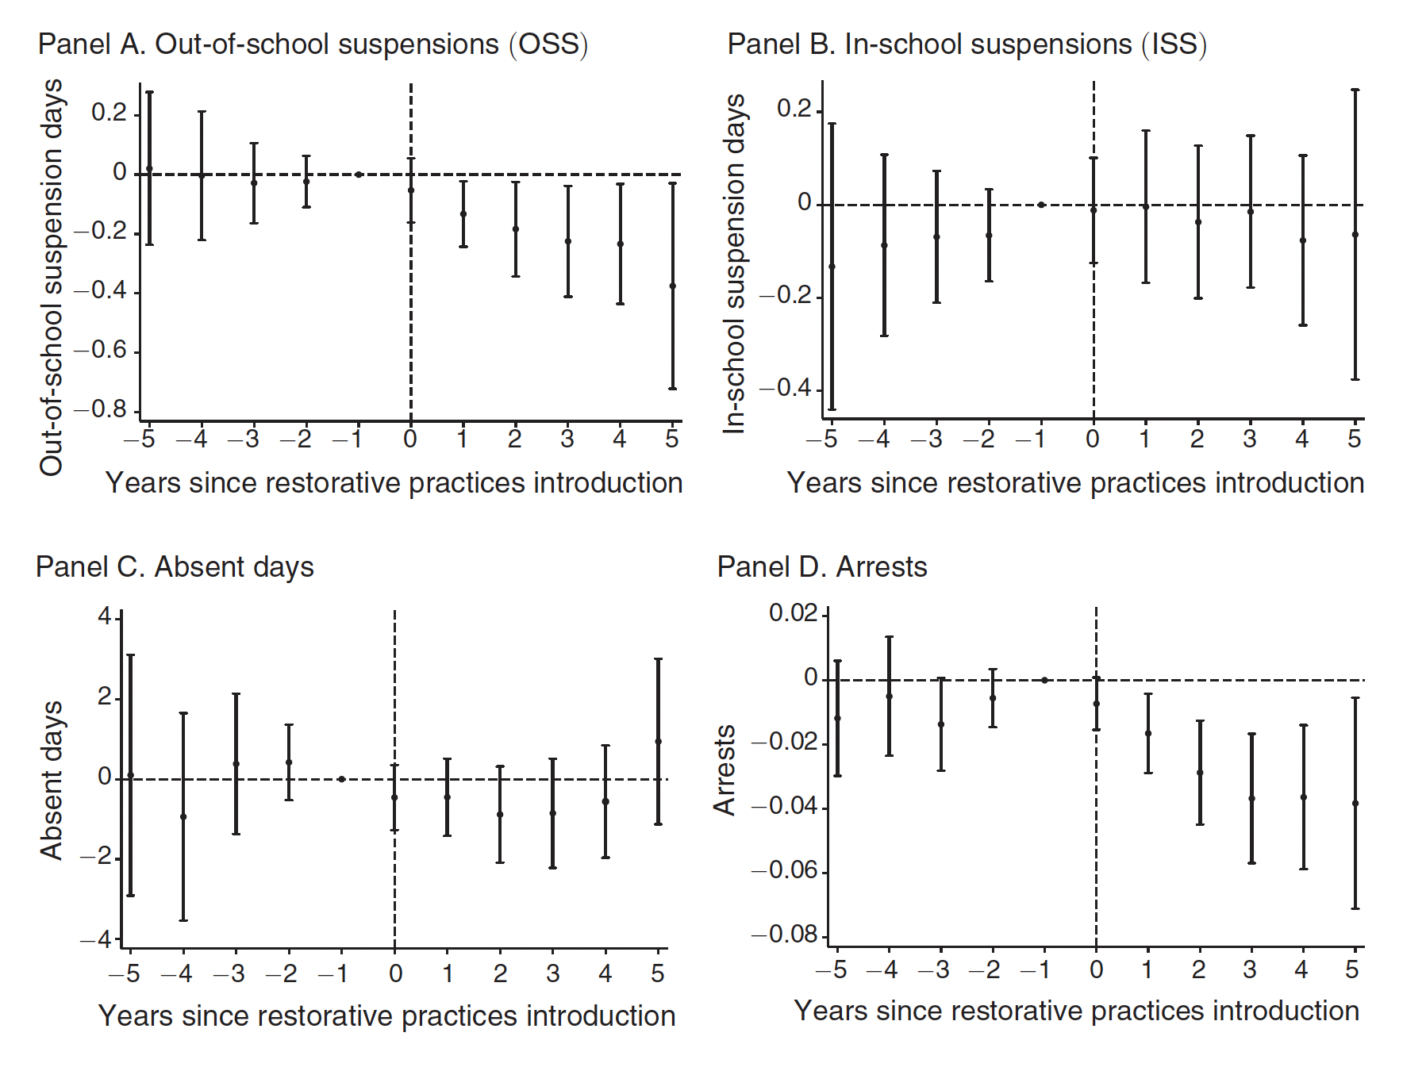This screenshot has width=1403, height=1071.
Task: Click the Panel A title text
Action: click(x=313, y=44)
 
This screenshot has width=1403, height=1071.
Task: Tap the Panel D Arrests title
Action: click(x=821, y=567)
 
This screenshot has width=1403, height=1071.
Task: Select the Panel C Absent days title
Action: click(x=175, y=567)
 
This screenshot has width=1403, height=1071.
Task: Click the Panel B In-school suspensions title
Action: click(x=967, y=44)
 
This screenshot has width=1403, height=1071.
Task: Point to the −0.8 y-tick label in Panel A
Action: click(x=101, y=409)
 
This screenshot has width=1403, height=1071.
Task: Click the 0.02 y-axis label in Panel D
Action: click(x=793, y=613)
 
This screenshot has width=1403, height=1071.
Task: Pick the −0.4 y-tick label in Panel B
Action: click(x=786, y=388)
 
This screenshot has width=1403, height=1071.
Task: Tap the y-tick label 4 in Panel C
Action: click(x=105, y=616)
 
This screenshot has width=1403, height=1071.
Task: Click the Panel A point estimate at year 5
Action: click(x=673, y=286)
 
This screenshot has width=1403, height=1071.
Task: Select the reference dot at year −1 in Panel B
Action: click(x=1041, y=205)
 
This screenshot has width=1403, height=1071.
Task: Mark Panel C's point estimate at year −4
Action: click(x=183, y=816)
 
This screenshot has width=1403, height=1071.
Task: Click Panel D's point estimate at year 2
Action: click(x=1200, y=773)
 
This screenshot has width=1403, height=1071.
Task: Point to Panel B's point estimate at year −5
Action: click(x=832, y=267)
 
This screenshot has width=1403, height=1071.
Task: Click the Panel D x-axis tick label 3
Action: click(x=1250, y=969)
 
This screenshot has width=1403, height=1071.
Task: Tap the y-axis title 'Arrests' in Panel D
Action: click(x=725, y=770)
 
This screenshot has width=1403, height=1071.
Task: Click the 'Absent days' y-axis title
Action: click(x=51, y=780)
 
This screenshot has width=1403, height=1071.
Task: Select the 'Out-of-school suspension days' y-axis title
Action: click(x=52, y=278)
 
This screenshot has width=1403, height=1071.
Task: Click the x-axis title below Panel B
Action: click(x=1075, y=483)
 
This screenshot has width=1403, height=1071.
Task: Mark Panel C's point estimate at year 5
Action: click(x=658, y=742)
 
